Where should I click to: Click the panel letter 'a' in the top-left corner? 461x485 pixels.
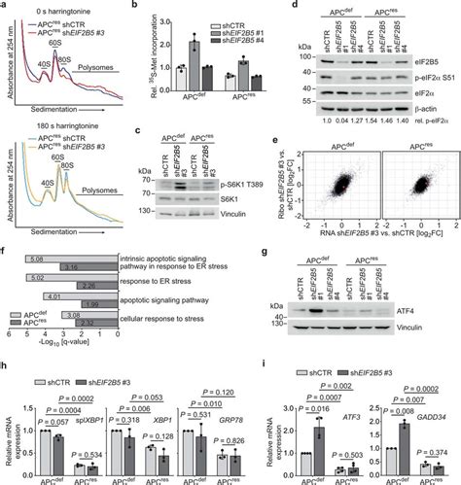click(x=5, y=6)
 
